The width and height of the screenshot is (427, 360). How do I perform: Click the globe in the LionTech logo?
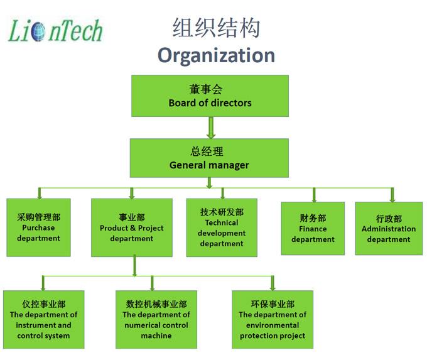(38, 31)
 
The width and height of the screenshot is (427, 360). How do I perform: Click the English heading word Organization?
(216, 55)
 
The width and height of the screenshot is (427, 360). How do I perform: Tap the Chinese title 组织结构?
(216, 28)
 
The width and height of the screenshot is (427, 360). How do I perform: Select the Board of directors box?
(210, 96)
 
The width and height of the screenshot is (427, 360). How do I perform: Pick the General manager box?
(209, 158)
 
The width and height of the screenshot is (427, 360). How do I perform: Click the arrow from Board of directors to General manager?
(211, 128)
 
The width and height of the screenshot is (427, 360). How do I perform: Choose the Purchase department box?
(39, 227)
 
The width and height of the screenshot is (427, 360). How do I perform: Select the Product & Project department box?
(132, 227)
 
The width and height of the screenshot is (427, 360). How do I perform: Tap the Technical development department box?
(222, 227)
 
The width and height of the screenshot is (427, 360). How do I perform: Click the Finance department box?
(313, 228)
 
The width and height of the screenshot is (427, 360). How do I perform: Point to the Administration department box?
(389, 228)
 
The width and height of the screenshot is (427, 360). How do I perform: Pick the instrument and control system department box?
(43, 319)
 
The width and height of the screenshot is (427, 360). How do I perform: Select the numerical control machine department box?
(156, 319)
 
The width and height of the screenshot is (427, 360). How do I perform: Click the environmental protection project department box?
(273, 319)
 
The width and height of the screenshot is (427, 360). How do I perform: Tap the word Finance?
(313, 229)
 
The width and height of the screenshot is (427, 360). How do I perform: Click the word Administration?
(389, 229)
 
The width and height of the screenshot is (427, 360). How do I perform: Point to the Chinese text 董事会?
(206, 89)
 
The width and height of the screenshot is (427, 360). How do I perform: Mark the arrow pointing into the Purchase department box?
(40, 194)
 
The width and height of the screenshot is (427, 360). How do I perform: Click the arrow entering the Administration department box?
(392, 195)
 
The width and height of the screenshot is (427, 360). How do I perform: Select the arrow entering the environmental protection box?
(273, 283)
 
